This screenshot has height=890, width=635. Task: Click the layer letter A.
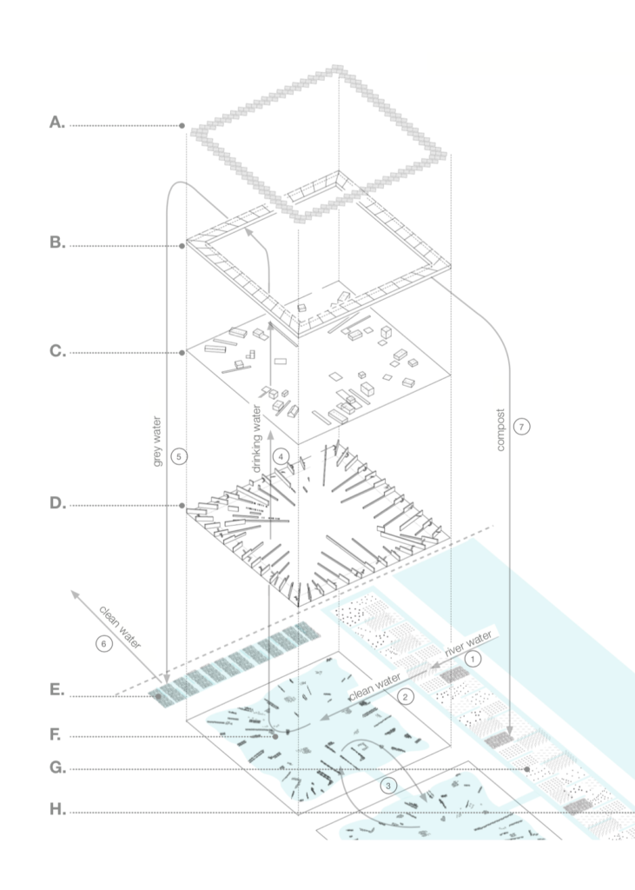[56, 124]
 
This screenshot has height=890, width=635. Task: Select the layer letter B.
[56, 244]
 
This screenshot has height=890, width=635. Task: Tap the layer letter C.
[56, 352]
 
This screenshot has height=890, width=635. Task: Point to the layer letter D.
[56, 505]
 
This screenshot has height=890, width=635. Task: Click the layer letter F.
[56, 737]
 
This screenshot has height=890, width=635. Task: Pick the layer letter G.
[56, 769]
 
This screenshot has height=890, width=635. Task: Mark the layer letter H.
[56, 812]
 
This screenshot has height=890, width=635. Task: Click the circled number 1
[472, 660]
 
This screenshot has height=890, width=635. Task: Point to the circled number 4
[279, 455]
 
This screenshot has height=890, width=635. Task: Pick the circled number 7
[520, 426]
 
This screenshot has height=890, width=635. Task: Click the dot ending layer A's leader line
[182, 126]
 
